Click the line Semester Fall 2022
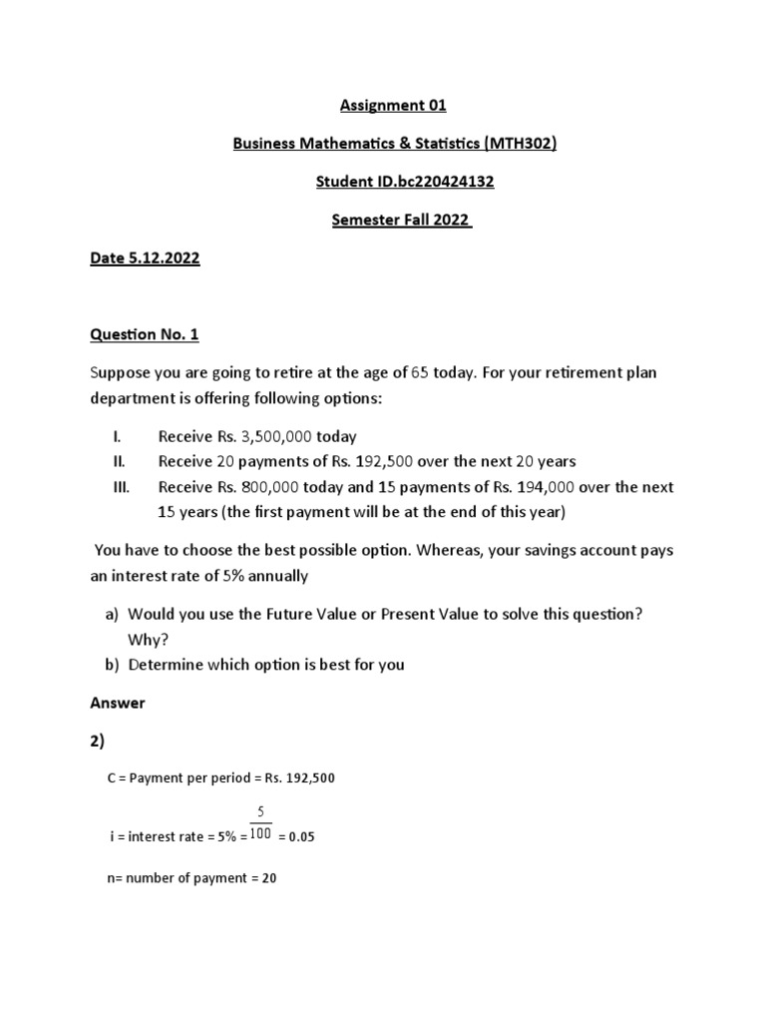(x=401, y=221)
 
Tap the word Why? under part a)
(x=145, y=639)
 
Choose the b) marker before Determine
(x=112, y=664)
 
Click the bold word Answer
(x=118, y=703)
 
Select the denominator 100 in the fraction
(x=260, y=835)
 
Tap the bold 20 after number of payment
(x=268, y=878)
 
